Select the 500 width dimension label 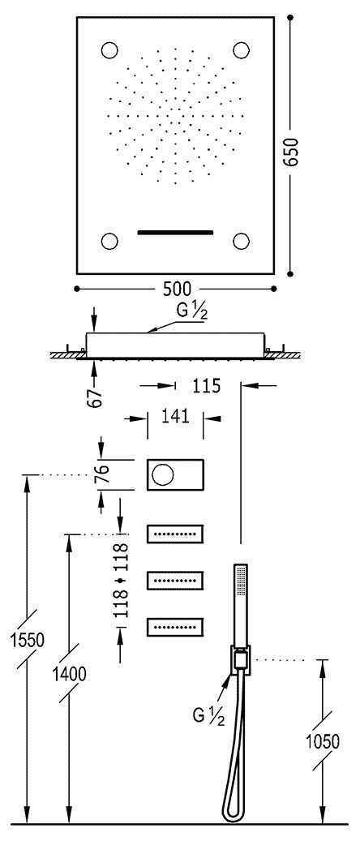click(x=178, y=289)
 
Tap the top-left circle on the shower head click(x=109, y=50)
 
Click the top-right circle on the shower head click(x=241, y=50)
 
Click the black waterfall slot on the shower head click(x=174, y=233)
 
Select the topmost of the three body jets click(x=174, y=534)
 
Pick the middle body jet click(x=174, y=580)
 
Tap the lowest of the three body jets click(x=174, y=626)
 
